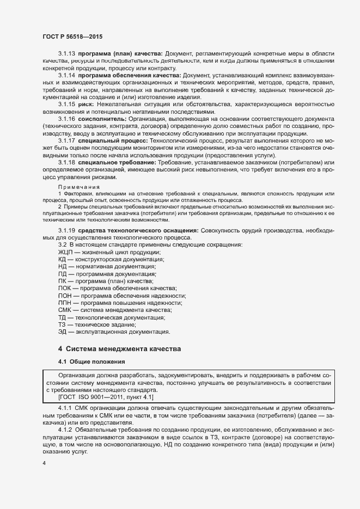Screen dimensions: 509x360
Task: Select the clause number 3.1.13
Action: (x=66, y=54)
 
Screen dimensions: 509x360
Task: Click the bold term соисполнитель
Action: (x=102, y=118)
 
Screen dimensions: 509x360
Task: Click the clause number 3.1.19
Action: (x=66, y=231)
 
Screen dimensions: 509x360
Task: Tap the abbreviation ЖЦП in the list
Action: (x=65, y=253)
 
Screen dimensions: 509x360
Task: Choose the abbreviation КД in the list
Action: (x=62, y=260)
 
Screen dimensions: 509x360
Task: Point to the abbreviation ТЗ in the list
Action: (x=62, y=324)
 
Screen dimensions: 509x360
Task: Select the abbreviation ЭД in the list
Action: (x=62, y=331)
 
